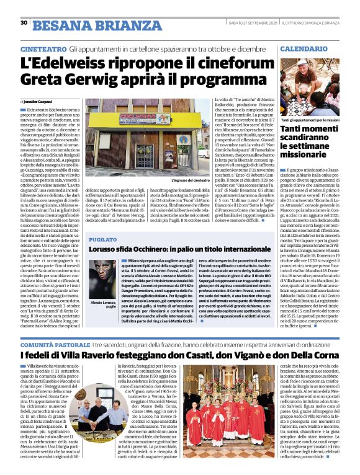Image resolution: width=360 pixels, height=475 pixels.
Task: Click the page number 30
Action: [24, 23]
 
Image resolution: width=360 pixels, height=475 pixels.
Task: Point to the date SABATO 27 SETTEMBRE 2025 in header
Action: [255, 23]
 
